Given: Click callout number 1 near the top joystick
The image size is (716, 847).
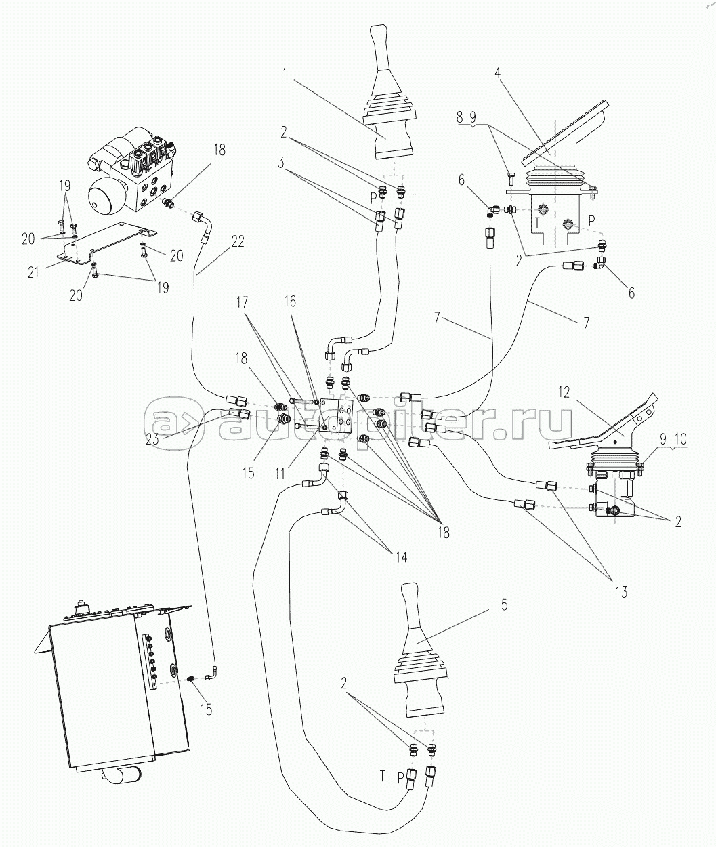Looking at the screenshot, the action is pos(285,74).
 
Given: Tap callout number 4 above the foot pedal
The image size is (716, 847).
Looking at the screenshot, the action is pos(498,73).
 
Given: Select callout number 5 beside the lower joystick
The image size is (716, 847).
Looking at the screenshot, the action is pos(504,605).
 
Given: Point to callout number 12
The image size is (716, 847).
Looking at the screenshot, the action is pos(564,392).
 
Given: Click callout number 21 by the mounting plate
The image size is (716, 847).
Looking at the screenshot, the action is pos(33,272).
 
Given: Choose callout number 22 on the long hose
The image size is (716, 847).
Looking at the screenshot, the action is pos(238,241).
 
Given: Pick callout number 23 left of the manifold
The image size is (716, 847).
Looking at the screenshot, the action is pos(152,439).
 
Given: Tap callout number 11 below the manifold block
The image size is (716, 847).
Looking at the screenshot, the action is pos(280,474).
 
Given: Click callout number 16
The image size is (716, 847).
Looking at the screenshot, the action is pos(290,302).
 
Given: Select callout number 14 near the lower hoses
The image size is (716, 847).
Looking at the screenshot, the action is pos(402,557).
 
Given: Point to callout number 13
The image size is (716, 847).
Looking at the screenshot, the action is pos(621,592).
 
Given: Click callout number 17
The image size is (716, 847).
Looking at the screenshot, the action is pos(242,302).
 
